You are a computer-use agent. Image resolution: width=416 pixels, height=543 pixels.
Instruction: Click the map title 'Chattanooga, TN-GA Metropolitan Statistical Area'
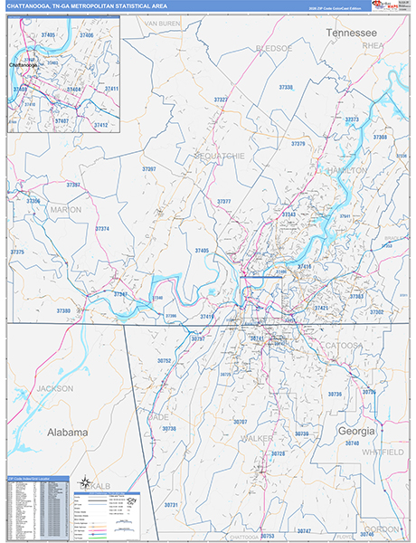pos(87,7)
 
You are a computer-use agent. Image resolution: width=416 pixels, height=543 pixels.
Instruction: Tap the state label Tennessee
pos(351,33)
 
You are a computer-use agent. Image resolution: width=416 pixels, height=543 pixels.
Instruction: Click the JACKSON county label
pos(54,388)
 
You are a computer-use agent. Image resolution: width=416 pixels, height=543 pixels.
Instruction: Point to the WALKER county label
pos(258,438)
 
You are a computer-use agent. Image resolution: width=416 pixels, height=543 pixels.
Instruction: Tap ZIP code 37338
pos(286,88)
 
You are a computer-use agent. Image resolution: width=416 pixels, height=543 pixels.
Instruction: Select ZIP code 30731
pos(172,504)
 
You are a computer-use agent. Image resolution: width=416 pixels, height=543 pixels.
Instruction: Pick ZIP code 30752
pos(164,360)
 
